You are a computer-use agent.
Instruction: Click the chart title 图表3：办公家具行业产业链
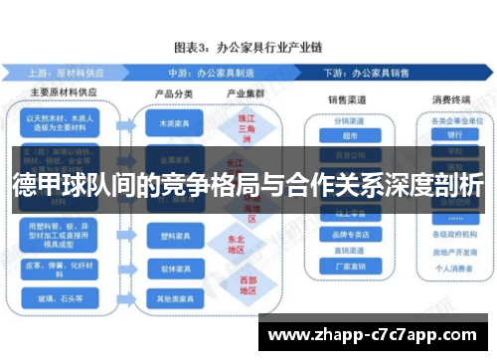click(249, 47)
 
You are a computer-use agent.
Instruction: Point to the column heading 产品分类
click(171, 94)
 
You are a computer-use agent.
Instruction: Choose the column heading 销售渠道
click(348, 100)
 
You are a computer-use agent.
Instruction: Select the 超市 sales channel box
click(349, 134)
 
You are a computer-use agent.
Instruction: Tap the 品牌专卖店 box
click(349, 236)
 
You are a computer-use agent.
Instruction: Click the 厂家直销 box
click(349, 267)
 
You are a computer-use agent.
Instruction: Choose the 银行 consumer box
click(454, 134)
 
